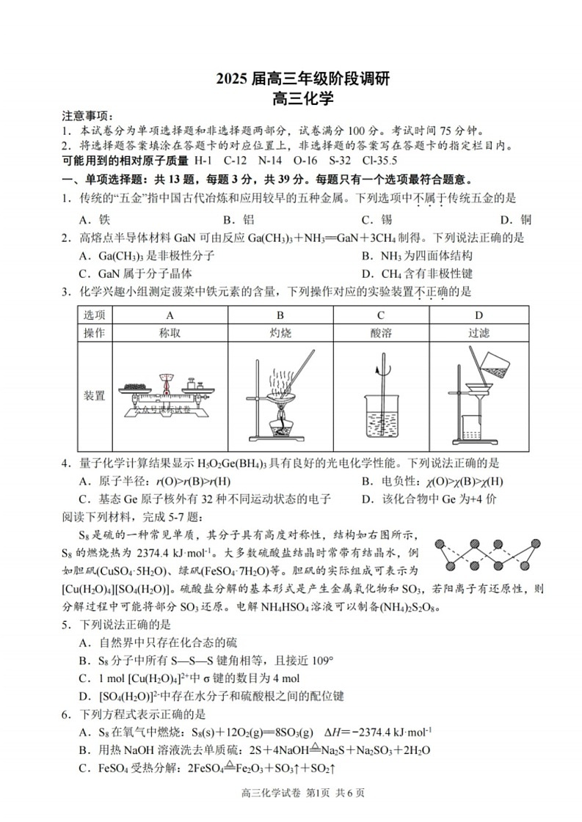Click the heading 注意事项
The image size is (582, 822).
click(x=87, y=117)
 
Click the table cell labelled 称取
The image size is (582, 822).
click(x=170, y=332)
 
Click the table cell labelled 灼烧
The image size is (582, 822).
click(x=280, y=332)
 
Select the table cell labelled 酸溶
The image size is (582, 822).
click(x=381, y=332)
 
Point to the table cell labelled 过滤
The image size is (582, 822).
click(x=479, y=332)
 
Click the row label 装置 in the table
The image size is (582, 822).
click(x=94, y=396)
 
